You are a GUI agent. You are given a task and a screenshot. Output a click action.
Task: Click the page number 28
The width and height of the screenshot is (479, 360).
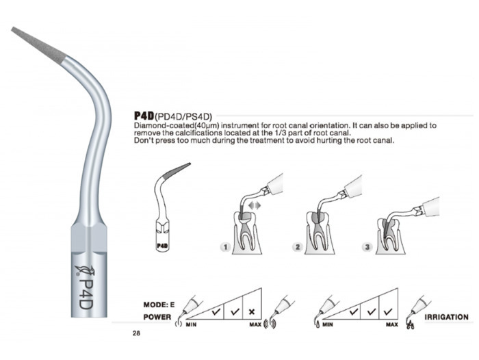[136, 333]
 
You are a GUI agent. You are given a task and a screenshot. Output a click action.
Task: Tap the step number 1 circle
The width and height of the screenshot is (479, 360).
[225, 246]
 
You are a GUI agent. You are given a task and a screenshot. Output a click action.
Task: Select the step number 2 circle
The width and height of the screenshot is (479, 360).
[298, 246]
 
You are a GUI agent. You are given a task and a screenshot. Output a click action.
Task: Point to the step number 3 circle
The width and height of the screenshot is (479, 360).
[367, 246]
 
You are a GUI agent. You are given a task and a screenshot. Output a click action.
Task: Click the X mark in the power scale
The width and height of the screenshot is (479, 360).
[252, 311]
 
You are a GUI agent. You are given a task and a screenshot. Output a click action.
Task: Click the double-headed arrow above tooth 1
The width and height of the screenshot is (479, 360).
[254, 206]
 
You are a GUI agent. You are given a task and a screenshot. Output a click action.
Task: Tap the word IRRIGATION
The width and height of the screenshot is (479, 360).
[446, 317]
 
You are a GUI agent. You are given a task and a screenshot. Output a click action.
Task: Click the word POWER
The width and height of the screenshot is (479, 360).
[157, 317]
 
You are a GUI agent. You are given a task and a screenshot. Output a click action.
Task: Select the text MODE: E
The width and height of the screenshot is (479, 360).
[159, 305]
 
